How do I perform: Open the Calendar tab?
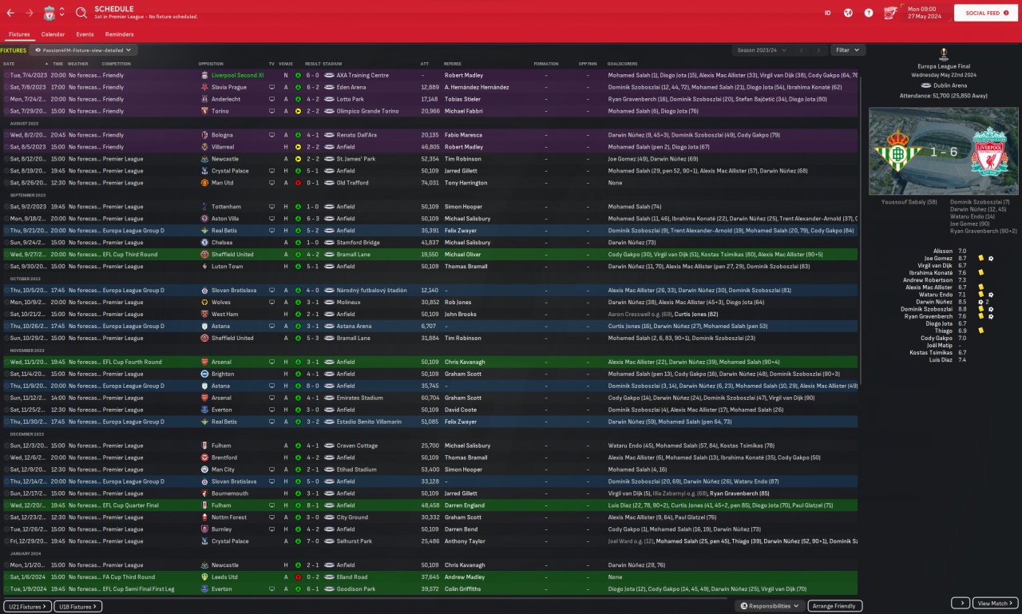(53, 34)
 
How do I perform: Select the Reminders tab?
(119, 34)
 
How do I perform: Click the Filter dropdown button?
(847, 50)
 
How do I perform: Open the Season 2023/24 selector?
(761, 50)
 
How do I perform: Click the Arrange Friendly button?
(834, 606)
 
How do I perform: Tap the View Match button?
(996, 604)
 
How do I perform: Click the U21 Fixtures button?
(27, 607)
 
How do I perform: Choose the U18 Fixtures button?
(77, 607)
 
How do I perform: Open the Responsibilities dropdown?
(770, 606)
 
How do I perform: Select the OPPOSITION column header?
(211, 64)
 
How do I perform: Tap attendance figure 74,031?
(430, 183)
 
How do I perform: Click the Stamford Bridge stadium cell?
(358, 243)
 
